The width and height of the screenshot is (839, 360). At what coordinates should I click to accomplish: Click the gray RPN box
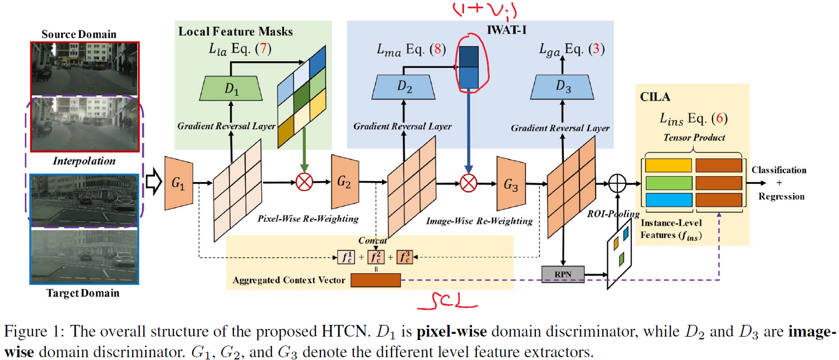click(x=563, y=274)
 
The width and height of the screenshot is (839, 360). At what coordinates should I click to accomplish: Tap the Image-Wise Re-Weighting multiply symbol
click(x=469, y=182)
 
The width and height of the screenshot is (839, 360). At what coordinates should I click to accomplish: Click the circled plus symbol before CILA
click(x=618, y=182)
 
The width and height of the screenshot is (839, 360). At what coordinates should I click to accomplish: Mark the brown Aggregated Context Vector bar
click(x=375, y=280)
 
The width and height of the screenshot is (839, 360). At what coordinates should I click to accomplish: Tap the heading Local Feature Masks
click(x=235, y=31)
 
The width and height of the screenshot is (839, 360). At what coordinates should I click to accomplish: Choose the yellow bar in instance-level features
click(x=668, y=166)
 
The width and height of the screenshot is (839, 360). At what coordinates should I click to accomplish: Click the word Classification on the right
click(x=779, y=170)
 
